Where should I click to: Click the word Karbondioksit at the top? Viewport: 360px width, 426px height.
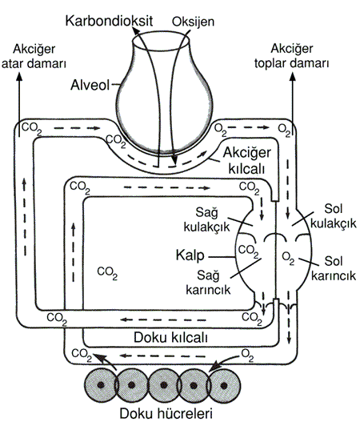109,21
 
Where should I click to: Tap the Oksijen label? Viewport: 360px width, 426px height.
193,22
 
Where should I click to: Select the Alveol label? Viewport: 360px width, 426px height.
90,85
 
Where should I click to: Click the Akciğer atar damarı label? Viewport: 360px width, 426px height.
34,57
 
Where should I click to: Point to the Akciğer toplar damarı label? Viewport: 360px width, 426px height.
291,56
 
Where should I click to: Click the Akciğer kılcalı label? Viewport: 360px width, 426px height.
246,161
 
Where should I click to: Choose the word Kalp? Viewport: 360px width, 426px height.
190,255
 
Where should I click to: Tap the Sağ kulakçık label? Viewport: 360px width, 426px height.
206,219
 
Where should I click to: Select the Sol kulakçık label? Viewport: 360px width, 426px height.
333,216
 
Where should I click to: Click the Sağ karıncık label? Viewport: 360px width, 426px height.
208,283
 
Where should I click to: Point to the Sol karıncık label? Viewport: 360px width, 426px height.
334,268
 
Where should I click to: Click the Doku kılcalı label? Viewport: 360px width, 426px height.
170,337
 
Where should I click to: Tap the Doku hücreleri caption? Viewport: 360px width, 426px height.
166,414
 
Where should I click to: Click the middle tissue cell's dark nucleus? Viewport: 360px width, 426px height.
163,385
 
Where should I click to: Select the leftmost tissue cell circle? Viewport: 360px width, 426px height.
101,385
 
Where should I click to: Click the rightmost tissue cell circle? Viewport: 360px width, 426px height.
224,385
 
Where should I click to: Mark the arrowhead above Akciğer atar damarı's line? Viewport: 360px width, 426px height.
19,76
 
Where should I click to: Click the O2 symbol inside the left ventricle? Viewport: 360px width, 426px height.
288,259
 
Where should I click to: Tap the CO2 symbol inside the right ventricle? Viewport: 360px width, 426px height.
249,251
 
